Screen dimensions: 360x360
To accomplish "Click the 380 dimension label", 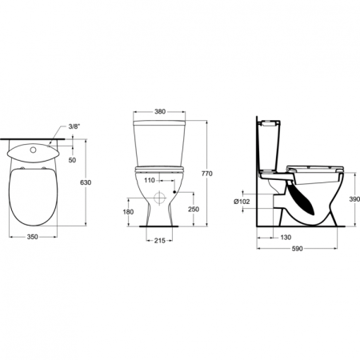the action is click(160, 111).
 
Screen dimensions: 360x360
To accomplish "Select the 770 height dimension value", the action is click(207, 174).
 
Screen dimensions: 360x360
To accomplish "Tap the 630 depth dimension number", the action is click(86, 182).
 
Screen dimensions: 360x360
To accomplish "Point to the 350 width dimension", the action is click(33, 237).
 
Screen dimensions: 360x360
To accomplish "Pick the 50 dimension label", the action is click(72, 160).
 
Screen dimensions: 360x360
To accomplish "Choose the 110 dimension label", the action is click(150, 180).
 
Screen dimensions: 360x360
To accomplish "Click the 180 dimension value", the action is click(128, 212).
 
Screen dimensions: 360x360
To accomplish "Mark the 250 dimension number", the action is click(194, 210).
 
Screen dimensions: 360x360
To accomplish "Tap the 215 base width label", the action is click(160, 241).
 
